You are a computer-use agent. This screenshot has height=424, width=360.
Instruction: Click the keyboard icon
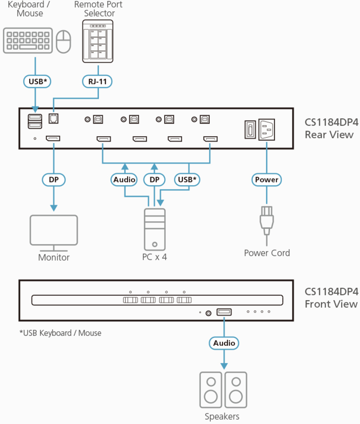point(27,41)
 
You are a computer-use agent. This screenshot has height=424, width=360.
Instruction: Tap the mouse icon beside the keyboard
point(63,41)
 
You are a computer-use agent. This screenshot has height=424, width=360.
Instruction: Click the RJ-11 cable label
point(97,81)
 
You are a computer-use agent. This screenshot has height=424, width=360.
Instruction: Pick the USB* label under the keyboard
point(37,81)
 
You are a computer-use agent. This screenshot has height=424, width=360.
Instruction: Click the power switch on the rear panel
point(249,130)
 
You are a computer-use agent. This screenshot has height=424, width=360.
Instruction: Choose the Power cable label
point(266,179)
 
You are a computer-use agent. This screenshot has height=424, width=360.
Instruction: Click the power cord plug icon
point(266,219)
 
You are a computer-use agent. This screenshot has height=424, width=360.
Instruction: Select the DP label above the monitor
point(53,179)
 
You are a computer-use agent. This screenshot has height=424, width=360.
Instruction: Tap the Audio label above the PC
point(125,179)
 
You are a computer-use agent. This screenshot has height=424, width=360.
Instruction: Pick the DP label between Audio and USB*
point(154,179)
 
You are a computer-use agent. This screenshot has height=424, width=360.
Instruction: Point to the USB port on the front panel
point(224,312)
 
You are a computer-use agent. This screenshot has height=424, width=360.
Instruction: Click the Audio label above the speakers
point(224,343)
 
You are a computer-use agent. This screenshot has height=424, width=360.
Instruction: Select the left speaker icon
point(211,390)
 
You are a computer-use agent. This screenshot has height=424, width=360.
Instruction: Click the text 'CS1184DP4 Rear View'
point(329,129)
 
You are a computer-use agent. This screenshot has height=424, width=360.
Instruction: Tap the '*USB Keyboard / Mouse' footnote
point(60,333)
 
